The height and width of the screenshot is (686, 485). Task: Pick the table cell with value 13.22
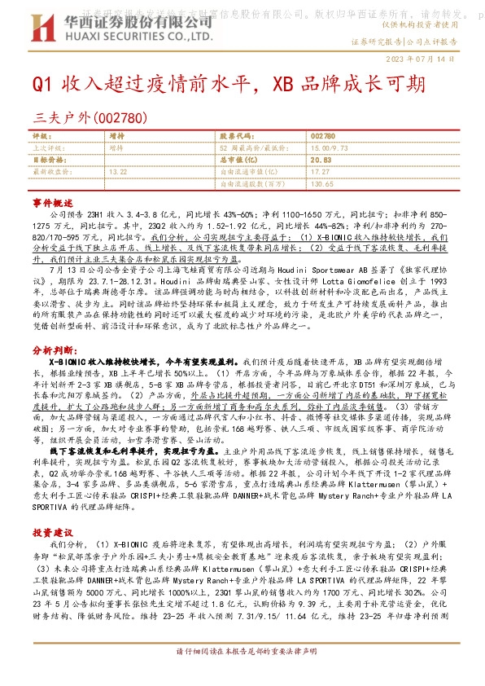click(118, 172)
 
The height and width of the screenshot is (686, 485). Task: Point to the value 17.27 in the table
click(320, 172)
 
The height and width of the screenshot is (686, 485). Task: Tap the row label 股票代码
click(233, 136)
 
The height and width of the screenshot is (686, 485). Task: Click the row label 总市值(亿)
click(238, 161)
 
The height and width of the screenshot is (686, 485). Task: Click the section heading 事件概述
click(50, 200)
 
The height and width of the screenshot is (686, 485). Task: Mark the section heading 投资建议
click(50, 508)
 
